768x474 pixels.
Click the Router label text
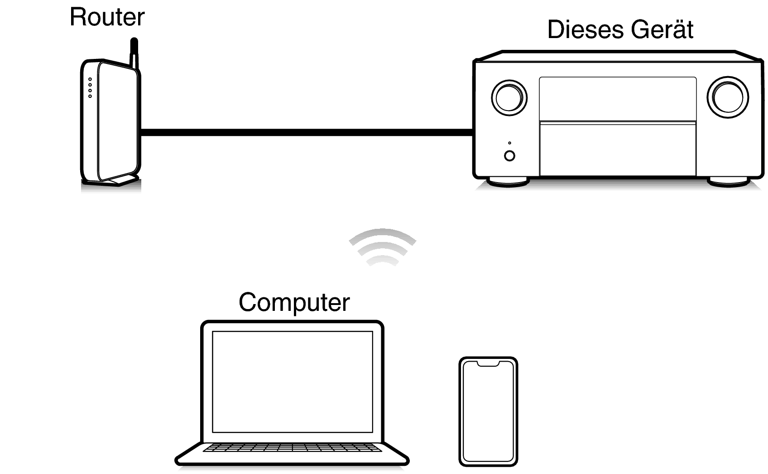[x=107, y=17]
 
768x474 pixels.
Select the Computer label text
[x=294, y=302]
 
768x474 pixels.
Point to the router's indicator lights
[x=90, y=87]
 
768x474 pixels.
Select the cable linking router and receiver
[x=306, y=132]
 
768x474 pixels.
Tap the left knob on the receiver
[x=509, y=97]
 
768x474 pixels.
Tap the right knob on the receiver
[x=727, y=97]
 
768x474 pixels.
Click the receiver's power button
[x=509, y=156]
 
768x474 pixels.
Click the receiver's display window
[x=618, y=99]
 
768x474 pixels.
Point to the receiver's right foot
[x=728, y=182]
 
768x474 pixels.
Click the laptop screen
[x=293, y=382]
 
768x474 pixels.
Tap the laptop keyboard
[x=292, y=448]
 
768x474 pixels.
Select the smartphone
[x=488, y=411]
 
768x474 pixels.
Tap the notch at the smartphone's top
[x=488, y=363]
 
